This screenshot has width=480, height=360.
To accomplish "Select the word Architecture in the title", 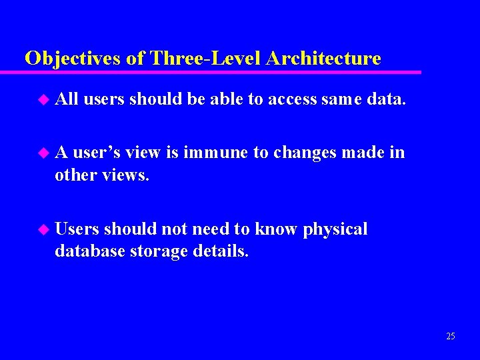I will (323, 59).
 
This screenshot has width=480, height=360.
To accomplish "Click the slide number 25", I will (451, 337).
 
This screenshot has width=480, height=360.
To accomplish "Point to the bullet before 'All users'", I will (44, 99).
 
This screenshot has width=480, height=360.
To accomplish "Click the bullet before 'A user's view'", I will (44, 153).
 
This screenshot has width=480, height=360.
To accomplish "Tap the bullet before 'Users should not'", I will (44, 229).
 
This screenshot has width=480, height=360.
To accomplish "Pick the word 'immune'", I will (213, 153).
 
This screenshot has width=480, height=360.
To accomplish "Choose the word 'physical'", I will (335, 230).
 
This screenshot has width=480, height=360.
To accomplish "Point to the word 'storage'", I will (154, 252).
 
